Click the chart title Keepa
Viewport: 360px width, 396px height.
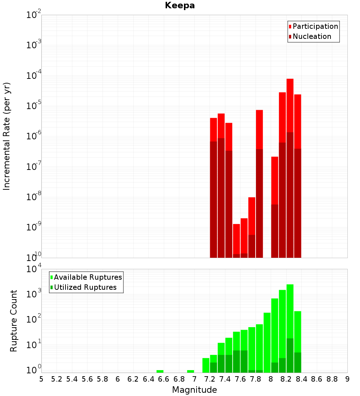coord(180,5)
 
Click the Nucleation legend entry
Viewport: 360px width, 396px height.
coord(312,36)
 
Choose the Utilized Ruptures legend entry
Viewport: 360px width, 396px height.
coord(85,287)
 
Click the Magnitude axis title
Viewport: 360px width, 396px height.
coord(194,390)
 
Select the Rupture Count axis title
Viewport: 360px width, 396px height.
coord(14,321)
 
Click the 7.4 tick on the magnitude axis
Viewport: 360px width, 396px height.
coord(225,379)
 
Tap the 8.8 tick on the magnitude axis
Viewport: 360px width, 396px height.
coord(332,379)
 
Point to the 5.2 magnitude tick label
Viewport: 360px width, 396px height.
coord(57,379)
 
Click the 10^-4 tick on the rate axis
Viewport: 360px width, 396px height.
coord(33,76)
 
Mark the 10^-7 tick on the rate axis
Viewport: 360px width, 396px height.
coord(33,167)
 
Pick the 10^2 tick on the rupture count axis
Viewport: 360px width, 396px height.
coord(33,319)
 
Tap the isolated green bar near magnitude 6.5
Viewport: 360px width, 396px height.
coord(160,371)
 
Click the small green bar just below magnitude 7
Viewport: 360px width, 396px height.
coord(190,371)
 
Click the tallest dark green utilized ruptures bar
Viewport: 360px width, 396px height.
coord(290,355)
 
